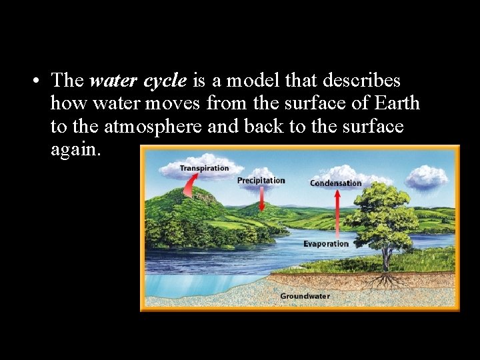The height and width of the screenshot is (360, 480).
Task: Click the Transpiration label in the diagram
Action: (x=204, y=169)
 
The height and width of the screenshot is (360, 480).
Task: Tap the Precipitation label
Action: (x=261, y=181)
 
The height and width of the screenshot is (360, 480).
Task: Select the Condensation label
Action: (x=335, y=183)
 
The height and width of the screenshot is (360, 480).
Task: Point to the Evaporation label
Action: (x=326, y=244)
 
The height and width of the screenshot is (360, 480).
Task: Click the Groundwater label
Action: (x=305, y=296)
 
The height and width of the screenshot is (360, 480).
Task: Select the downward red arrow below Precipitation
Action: (x=261, y=198)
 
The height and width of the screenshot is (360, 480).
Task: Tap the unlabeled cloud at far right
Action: (x=427, y=177)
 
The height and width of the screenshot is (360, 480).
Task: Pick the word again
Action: (x=75, y=149)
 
